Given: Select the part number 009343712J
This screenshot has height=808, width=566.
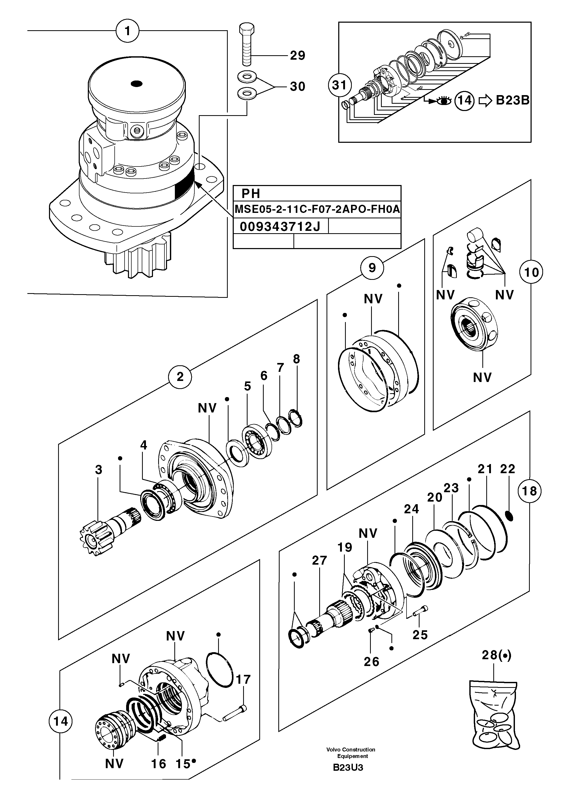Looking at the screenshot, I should (x=280, y=227).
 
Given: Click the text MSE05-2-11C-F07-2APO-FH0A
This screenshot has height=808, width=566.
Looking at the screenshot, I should (x=317, y=210).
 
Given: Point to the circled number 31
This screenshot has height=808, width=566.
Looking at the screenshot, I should (x=340, y=85).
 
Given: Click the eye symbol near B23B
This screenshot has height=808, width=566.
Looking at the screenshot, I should (x=444, y=101).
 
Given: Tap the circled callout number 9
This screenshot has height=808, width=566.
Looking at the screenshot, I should (x=372, y=268).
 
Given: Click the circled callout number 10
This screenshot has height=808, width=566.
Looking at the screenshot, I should (x=531, y=272).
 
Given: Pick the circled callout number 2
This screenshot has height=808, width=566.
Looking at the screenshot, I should (x=180, y=377).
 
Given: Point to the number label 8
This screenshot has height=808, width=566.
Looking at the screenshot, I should (x=296, y=359).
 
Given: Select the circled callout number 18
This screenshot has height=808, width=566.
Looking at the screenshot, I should (x=530, y=491).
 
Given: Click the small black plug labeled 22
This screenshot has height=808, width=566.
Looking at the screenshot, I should (x=509, y=516).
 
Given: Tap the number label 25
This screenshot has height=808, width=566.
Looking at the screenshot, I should (x=420, y=635).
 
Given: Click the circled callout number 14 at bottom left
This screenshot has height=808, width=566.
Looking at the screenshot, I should (x=60, y=721).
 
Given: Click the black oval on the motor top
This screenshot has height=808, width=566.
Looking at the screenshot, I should (x=136, y=83).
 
